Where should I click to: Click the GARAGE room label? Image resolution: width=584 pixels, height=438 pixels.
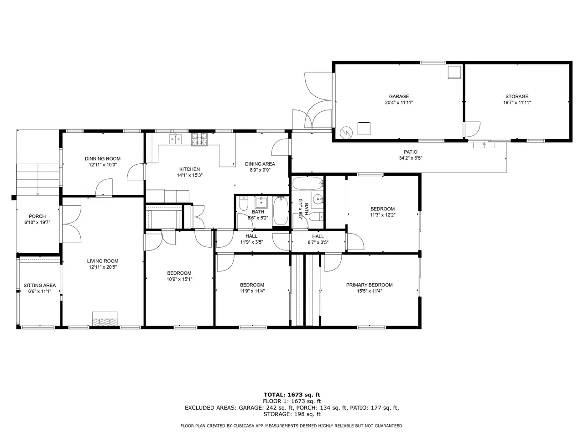tap(399, 97)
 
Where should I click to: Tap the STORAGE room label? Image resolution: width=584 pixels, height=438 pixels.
tap(516, 97)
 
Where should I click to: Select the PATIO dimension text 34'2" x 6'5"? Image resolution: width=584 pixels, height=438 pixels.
tap(411, 158)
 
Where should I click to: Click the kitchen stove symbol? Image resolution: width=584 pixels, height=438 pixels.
tap(199, 139)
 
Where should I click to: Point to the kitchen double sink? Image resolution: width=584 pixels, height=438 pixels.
tap(176, 139)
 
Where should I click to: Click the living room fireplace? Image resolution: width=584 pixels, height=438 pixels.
tap(104, 318)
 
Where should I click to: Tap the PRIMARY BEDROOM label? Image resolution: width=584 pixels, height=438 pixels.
tap(369, 285)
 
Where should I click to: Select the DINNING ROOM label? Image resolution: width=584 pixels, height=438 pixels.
tap(103, 159)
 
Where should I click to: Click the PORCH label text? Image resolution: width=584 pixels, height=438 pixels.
tap(37, 216)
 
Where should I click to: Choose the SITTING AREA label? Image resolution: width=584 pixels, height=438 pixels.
tap(40, 285)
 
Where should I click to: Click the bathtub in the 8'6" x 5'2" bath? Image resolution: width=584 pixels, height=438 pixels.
tap(281, 211)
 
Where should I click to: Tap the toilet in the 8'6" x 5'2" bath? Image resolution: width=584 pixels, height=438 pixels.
tap(244, 203)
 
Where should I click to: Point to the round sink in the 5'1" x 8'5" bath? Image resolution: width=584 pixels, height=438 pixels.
tap(318, 198)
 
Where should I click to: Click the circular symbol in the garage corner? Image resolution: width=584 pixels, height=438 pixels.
tap(346, 132)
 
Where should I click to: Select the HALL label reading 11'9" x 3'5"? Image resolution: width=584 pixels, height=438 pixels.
tap(251, 239)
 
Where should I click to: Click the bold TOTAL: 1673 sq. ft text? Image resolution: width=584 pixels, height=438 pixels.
tap(292, 395)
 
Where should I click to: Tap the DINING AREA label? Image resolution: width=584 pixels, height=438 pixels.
tap(260, 164)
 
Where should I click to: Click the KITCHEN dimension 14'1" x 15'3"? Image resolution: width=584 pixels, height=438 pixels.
tap(190, 175)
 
